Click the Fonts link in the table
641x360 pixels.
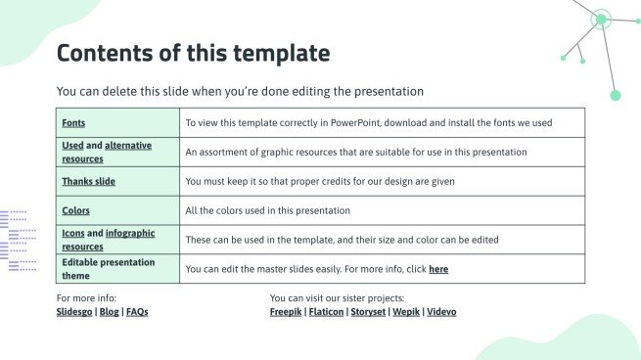pyautogui.click(x=73, y=123)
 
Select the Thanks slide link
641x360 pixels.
pyautogui.click(x=89, y=181)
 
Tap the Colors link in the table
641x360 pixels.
pyautogui.click(x=75, y=211)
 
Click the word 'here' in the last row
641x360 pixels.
pyautogui.click(x=438, y=269)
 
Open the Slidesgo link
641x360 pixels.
pyautogui.click(x=74, y=312)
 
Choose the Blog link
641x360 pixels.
pyautogui.click(x=110, y=312)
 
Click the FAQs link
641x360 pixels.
pyautogui.click(x=137, y=312)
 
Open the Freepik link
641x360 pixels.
pyautogui.click(x=286, y=312)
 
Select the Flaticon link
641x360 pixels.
pyautogui.click(x=326, y=312)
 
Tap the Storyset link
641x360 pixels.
pyautogui.click(x=368, y=312)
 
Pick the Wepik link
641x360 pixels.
pyautogui.click(x=406, y=312)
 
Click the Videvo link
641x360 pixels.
pyautogui.click(x=441, y=312)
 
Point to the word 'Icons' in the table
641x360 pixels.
pyautogui.click(x=73, y=234)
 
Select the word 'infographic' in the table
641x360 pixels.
pyautogui.click(x=130, y=234)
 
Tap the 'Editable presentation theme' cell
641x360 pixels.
pyautogui.click(x=117, y=269)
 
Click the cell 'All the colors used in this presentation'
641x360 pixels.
pyautogui.click(x=383, y=211)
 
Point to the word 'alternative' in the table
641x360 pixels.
pyautogui.click(x=128, y=146)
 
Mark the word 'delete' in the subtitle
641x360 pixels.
pyautogui.click(x=119, y=91)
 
